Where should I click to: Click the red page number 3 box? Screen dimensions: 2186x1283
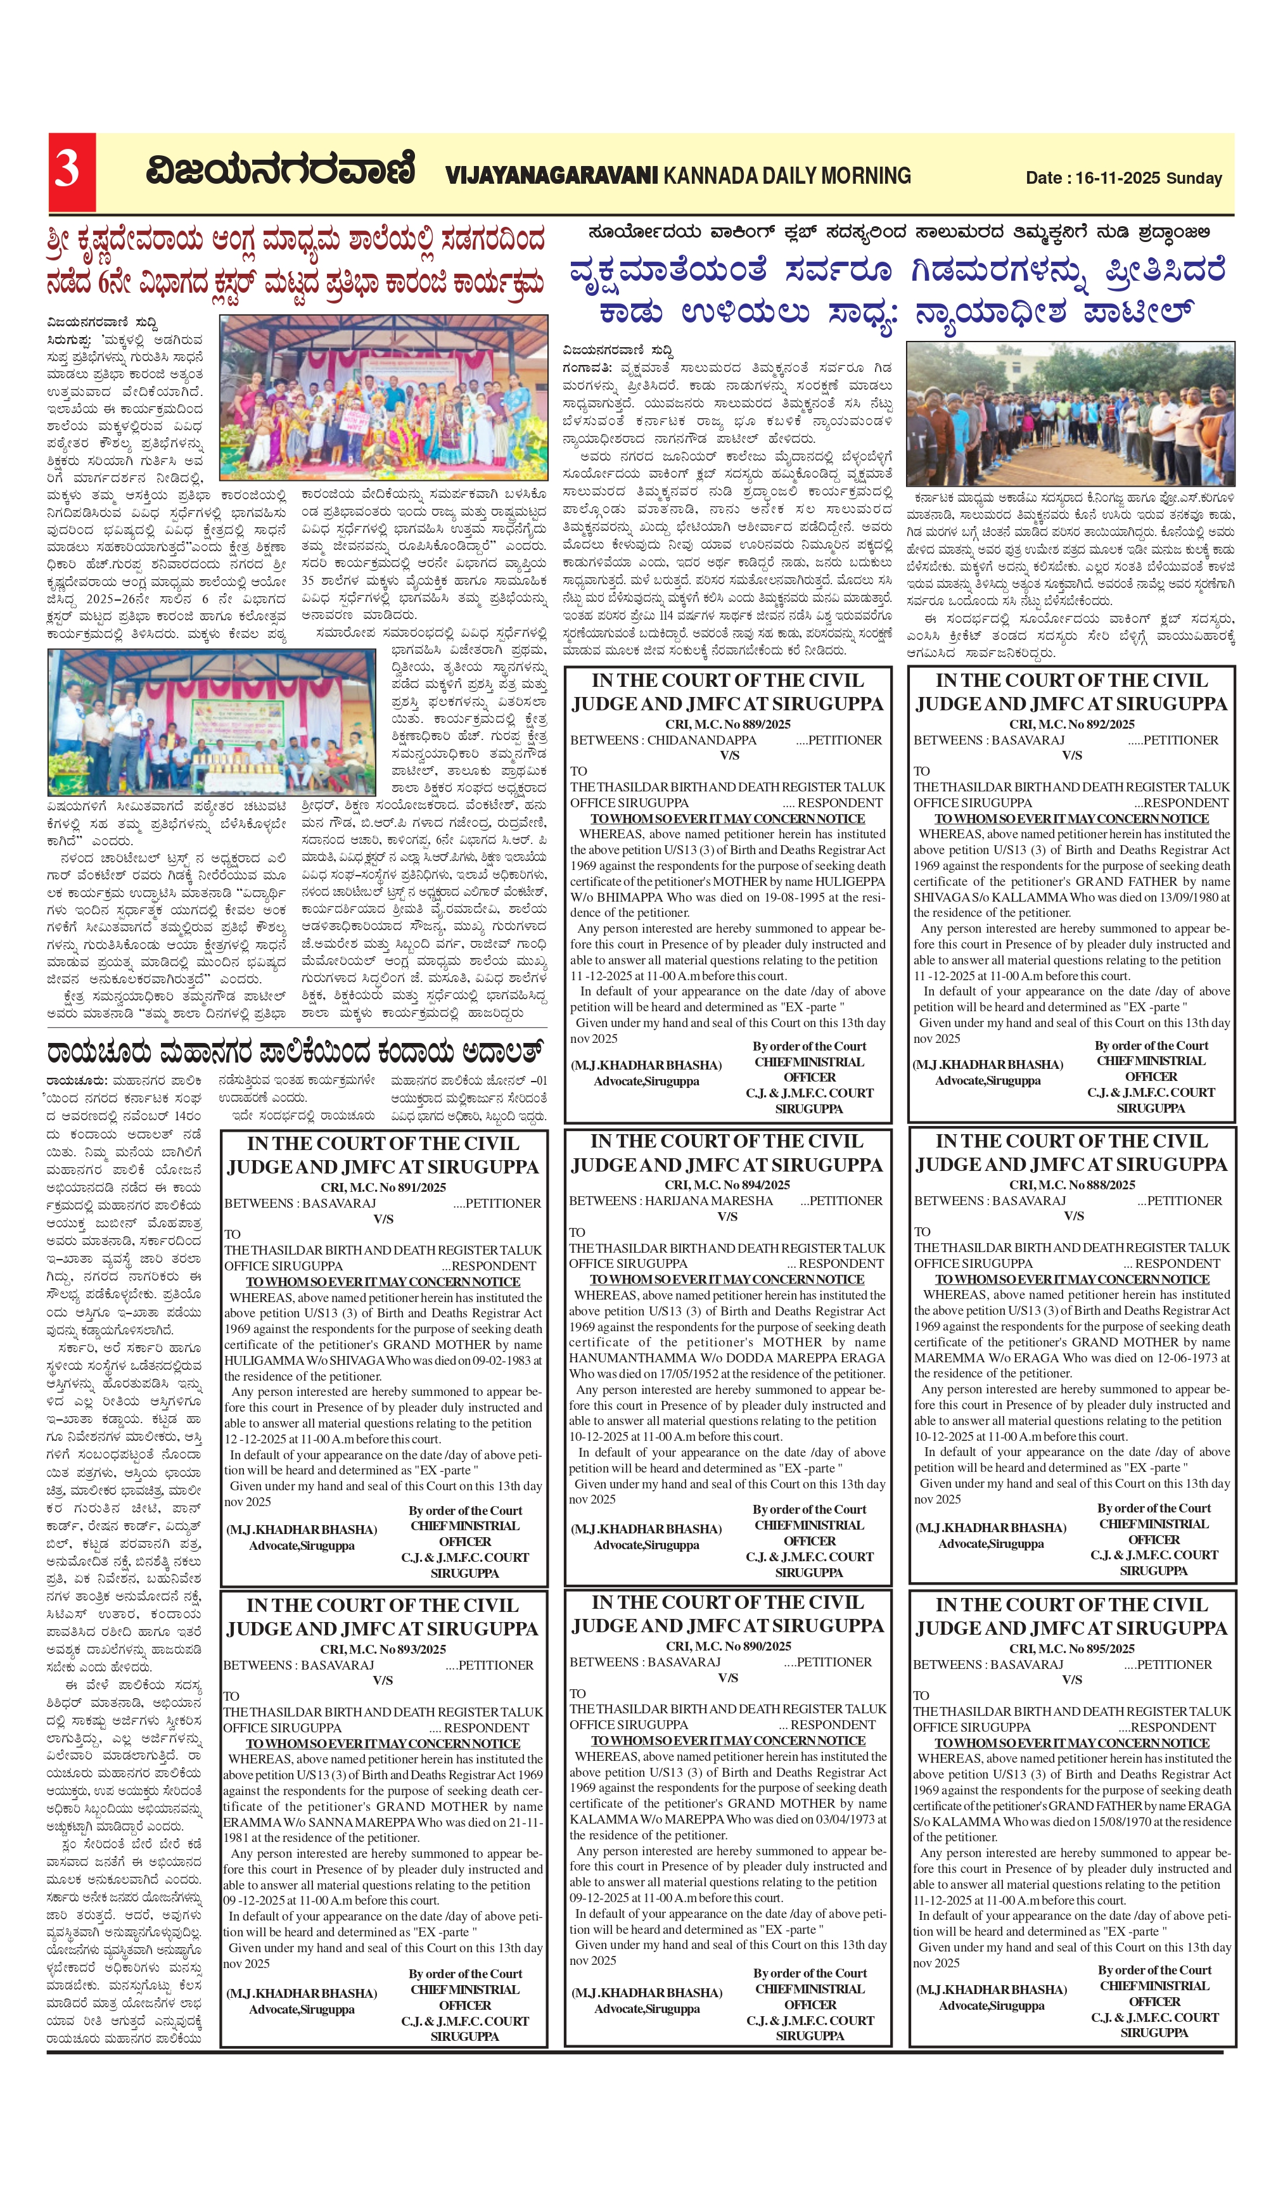[x=71, y=171]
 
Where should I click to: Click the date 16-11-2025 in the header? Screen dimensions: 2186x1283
[x=1117, y=178]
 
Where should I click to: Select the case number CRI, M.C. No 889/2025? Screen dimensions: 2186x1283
[x=728, y=724]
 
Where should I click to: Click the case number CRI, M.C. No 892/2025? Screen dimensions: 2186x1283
[x=1071, y=724]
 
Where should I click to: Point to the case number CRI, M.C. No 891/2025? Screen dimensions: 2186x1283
[x=383, y=1187]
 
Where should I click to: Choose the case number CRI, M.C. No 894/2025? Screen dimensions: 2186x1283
[x=727, y=1185]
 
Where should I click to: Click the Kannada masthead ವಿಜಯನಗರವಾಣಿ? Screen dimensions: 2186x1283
[x=279, y=170]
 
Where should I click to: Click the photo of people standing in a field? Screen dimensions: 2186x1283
[x=1069, y=414]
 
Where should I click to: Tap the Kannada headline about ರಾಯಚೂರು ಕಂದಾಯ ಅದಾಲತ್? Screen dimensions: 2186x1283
[x=295, y=1053]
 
